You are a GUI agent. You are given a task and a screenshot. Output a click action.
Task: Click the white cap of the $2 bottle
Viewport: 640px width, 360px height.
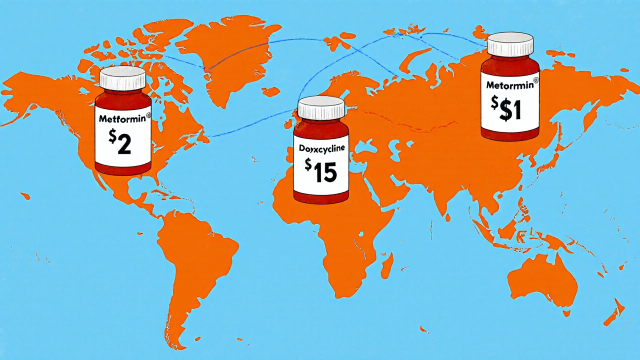(x=122, y=79)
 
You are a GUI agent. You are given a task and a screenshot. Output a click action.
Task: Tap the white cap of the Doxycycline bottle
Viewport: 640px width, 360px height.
(x=321, y=108)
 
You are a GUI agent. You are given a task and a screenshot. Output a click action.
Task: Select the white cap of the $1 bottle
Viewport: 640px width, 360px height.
(x=510, y=44)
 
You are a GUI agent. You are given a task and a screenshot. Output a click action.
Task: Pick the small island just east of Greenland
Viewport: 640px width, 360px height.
(x=270, y=92)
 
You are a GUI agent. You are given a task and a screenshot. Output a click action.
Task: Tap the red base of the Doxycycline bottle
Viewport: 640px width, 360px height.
(x=321, y=198)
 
